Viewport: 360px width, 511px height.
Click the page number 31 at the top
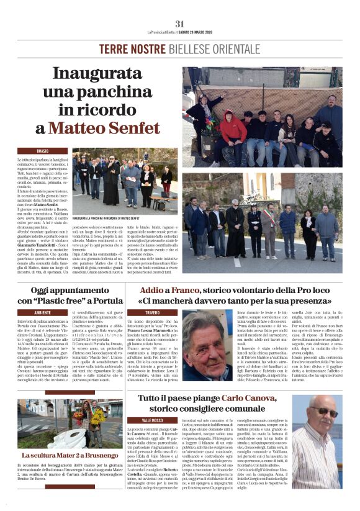click(180, 24)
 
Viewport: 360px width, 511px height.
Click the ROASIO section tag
click(43, 151)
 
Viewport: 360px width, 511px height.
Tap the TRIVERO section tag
click(153, 312)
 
